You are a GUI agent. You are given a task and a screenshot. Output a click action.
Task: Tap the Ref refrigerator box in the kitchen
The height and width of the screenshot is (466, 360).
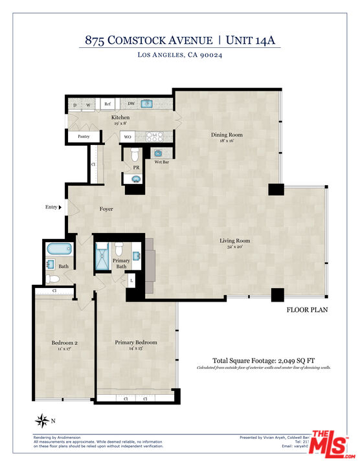point(108,104)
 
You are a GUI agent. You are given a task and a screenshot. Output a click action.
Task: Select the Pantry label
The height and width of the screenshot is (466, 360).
point(84,137)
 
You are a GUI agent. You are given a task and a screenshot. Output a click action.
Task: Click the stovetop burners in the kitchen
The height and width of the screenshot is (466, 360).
point(154,137)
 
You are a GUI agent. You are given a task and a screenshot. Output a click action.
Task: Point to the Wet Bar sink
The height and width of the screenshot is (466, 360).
point(157,153)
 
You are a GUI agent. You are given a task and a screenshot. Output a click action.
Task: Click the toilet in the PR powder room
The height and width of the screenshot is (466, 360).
point(135,155)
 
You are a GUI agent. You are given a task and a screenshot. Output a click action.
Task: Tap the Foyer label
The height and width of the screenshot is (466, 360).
point(106,209)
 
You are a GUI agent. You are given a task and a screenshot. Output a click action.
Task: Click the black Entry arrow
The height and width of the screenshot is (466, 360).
point(60,208)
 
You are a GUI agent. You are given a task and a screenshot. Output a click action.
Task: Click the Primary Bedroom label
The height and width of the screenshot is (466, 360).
point(136,342)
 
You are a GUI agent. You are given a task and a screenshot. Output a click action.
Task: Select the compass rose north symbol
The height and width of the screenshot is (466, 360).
point(43,421)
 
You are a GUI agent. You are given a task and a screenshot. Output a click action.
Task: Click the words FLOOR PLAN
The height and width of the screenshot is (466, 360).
point(307,310)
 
